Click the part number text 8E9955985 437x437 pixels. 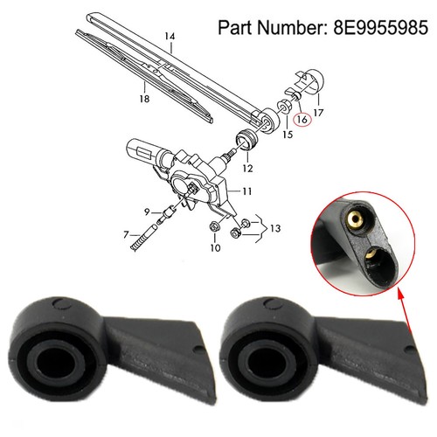click(381, 27)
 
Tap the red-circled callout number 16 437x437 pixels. click(302, 120)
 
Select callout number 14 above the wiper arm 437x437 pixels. click(170, 37)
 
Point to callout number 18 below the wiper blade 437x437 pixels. click(144, 99)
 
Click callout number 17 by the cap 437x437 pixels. click(318, 113)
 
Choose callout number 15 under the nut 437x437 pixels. click(288, 135)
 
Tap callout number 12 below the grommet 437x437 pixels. click(247, 169)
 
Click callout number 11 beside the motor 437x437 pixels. click(246, 191)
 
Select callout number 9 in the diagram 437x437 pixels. click(147, 212)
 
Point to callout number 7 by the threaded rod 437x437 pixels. click(126, 234)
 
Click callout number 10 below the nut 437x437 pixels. click(215, 248)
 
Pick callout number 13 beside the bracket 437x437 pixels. click(275, 228)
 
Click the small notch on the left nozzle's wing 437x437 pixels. click(197, 349)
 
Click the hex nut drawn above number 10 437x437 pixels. click(215, 226)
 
